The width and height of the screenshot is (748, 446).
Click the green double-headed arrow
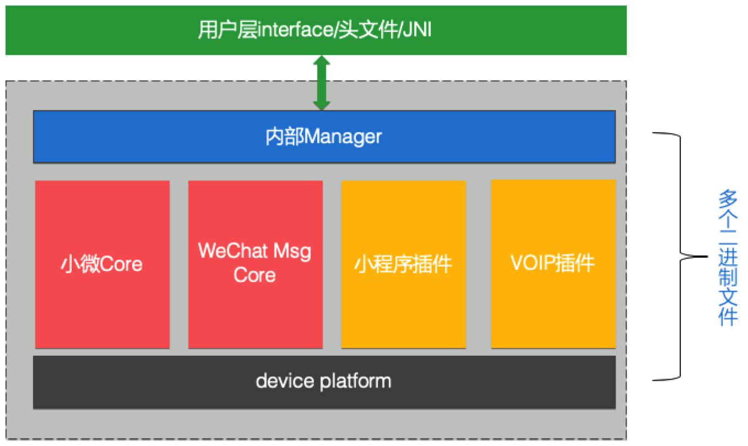point(321,83)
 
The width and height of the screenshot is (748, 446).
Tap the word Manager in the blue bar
point(343,137)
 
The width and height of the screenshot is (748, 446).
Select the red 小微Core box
point(102,264)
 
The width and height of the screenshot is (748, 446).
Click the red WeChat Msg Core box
point(255,264)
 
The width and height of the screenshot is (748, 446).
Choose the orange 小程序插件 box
point(403,264)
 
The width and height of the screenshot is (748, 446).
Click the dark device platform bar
point(324,382)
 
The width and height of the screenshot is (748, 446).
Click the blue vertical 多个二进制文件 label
point(728,258)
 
